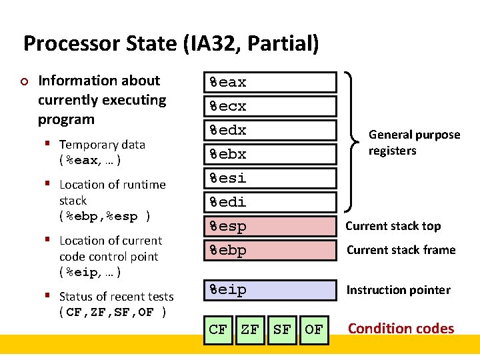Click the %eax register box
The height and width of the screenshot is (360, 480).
270,82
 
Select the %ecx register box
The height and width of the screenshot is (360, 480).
270,106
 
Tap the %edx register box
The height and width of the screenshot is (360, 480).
270,130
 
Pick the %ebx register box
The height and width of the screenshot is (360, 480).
270,154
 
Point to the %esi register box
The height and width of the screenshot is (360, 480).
270,178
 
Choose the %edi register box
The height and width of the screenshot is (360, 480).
270,202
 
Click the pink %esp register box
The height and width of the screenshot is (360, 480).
270,226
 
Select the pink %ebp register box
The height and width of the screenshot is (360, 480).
270,250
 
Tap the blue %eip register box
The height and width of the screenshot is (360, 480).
270,290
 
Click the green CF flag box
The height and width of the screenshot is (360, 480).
218,329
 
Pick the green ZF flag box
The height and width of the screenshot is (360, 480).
250,329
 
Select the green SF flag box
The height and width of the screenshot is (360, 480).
282,329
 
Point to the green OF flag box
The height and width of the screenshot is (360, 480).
314,329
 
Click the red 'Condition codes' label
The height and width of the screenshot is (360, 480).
401,329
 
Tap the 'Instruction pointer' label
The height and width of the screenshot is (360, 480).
398,290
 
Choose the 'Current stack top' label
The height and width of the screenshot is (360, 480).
393,226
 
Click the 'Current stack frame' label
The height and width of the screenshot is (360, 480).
400,250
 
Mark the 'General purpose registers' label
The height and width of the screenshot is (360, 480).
414,143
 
